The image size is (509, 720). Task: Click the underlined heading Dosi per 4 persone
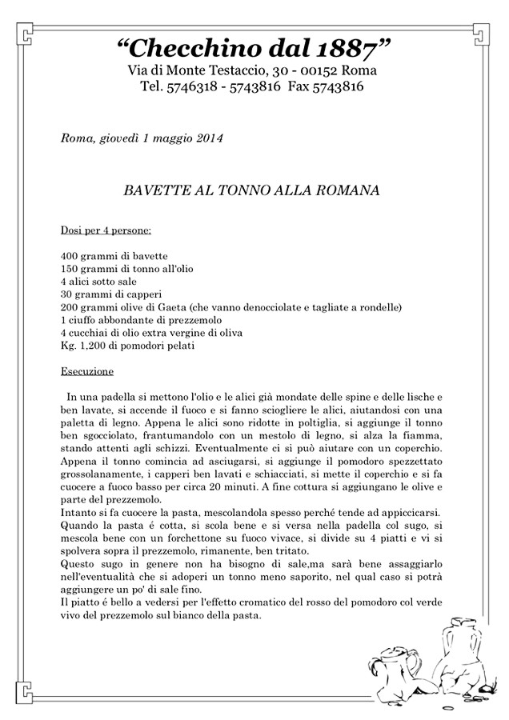[x=106, y=231]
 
